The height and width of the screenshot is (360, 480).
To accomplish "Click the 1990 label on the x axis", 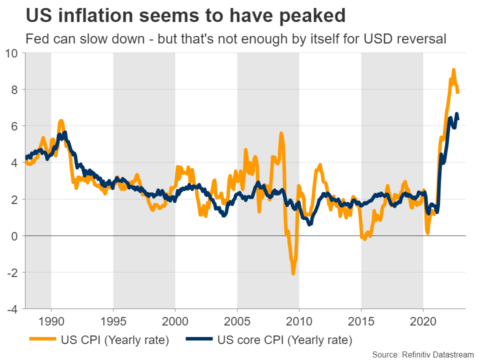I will (51, 320).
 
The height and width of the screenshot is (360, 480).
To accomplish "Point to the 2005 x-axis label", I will (237, 320).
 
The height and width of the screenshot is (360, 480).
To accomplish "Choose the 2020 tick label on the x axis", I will (423, 320).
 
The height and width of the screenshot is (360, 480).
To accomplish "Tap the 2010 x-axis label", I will (299, 320).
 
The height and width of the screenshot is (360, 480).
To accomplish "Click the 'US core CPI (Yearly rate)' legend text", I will (284, 341).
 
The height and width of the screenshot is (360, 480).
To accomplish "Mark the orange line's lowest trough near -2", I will (293, 273).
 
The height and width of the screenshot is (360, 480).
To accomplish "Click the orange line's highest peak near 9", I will (453, 70).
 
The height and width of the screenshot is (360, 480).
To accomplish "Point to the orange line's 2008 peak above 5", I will (281, 133).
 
